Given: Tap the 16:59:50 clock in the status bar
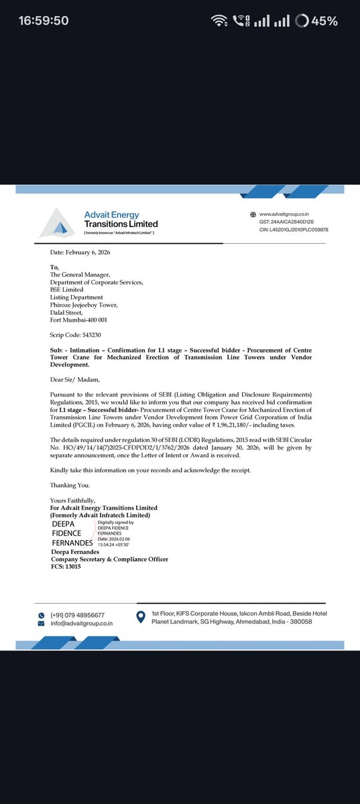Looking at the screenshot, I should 44,21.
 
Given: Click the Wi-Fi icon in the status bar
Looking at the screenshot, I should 219,21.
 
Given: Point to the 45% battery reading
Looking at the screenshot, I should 324,21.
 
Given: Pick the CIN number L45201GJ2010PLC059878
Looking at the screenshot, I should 294,230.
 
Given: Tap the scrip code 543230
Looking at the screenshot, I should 74,333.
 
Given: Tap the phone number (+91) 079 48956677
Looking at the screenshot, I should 77,614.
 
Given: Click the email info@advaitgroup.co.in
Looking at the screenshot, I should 82,623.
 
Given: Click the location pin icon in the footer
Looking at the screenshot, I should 141,618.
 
